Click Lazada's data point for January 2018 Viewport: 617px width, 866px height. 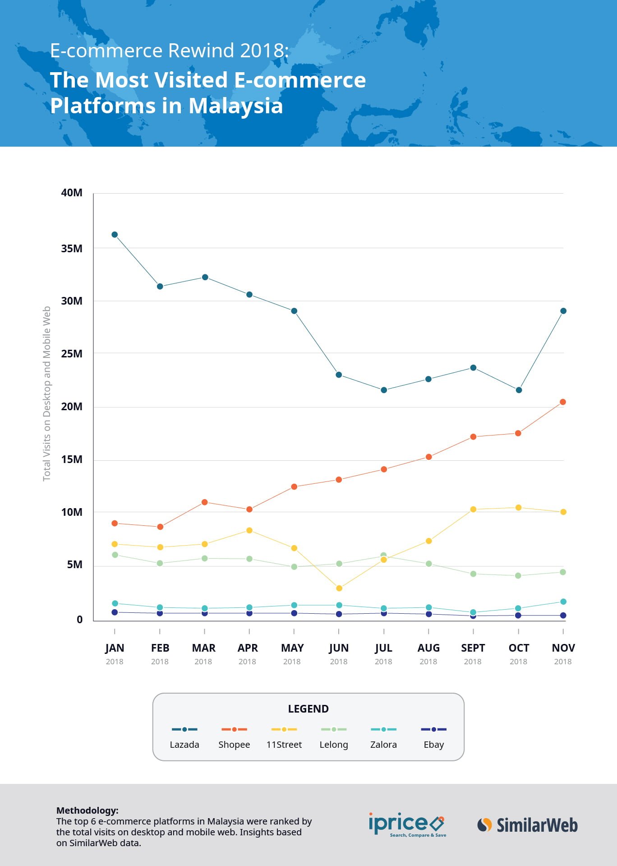click(x=115, y=235)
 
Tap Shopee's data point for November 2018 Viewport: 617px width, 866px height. click(x=563, y=402)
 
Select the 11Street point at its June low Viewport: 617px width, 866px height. click(x=339, y=588)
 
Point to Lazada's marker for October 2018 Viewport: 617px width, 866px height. click(x=519, y=390)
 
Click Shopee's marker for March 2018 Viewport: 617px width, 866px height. click(x=204, y=502)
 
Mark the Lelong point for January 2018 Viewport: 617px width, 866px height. click(x=115, y=555)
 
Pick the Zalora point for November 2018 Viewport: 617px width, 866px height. click(x=563, y=602)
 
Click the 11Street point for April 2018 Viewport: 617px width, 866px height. click(x=249, y=530)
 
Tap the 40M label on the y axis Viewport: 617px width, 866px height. click(x=72, y=193)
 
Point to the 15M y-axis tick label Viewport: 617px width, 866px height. click(x=72, y=459)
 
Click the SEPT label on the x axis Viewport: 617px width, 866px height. click(x=473, y=648)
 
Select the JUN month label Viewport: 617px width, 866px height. click(x=339, y=648)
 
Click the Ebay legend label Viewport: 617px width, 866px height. click(x=434, y=745)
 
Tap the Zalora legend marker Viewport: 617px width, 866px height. click(x=383, y=729)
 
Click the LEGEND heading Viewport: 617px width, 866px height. click(x=308, y=709)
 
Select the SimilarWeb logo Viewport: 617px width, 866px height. click(x=527, y=825)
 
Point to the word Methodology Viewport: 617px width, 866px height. click(x=87, y=810)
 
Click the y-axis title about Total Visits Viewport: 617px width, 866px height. click(x=47, y=394)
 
